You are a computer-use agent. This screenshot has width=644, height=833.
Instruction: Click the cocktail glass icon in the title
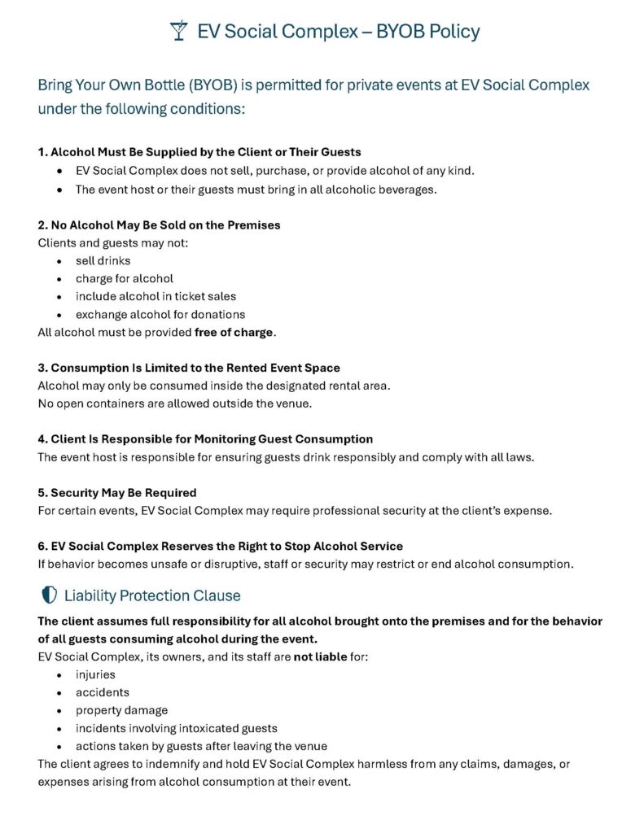pos(178,32)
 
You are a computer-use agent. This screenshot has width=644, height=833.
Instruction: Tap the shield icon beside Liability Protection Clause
pos(48,595)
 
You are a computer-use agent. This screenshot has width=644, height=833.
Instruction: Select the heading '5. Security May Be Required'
pos(117,492)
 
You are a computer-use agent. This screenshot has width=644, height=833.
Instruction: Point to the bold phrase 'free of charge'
pos(234,332)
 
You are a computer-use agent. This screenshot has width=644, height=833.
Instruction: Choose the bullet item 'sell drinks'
pos(103,260)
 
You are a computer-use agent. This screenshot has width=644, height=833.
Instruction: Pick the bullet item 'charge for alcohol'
pos(124,278)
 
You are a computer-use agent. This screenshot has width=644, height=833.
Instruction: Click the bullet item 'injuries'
pos(95,674)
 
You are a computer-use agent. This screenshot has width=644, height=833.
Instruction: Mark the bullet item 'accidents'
pos(102,692)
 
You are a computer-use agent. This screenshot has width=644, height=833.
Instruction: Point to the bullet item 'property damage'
pos(121,710)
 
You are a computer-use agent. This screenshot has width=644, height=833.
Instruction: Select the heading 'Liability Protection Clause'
pos(152,595)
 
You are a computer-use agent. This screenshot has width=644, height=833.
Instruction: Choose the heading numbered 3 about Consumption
pos(189,368)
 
